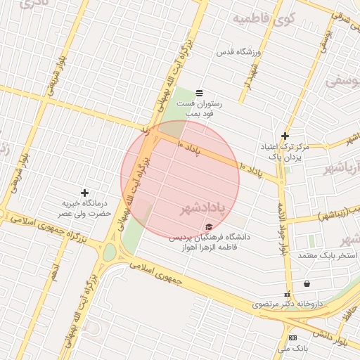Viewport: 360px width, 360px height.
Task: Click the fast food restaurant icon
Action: pos(199,93)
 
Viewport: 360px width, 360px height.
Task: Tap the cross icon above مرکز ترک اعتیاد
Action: pos(285,136)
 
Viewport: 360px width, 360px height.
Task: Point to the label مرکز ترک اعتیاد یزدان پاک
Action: pos(290,151)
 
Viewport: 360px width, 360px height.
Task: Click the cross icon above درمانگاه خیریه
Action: pos(85,193)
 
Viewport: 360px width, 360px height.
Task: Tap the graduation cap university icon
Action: pos(208,226)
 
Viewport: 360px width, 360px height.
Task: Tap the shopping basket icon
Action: pos(307,283)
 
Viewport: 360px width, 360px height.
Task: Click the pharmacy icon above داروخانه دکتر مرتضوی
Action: pos(286,294)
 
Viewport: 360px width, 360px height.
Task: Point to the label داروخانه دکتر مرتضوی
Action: pos(287,304)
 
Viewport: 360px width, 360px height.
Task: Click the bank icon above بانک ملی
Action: pos(292,338)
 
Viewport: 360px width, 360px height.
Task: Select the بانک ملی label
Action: pos(292,348)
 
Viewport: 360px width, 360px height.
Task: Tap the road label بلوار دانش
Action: pos(330,337)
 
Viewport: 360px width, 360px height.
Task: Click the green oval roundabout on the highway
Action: pos(109,252)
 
